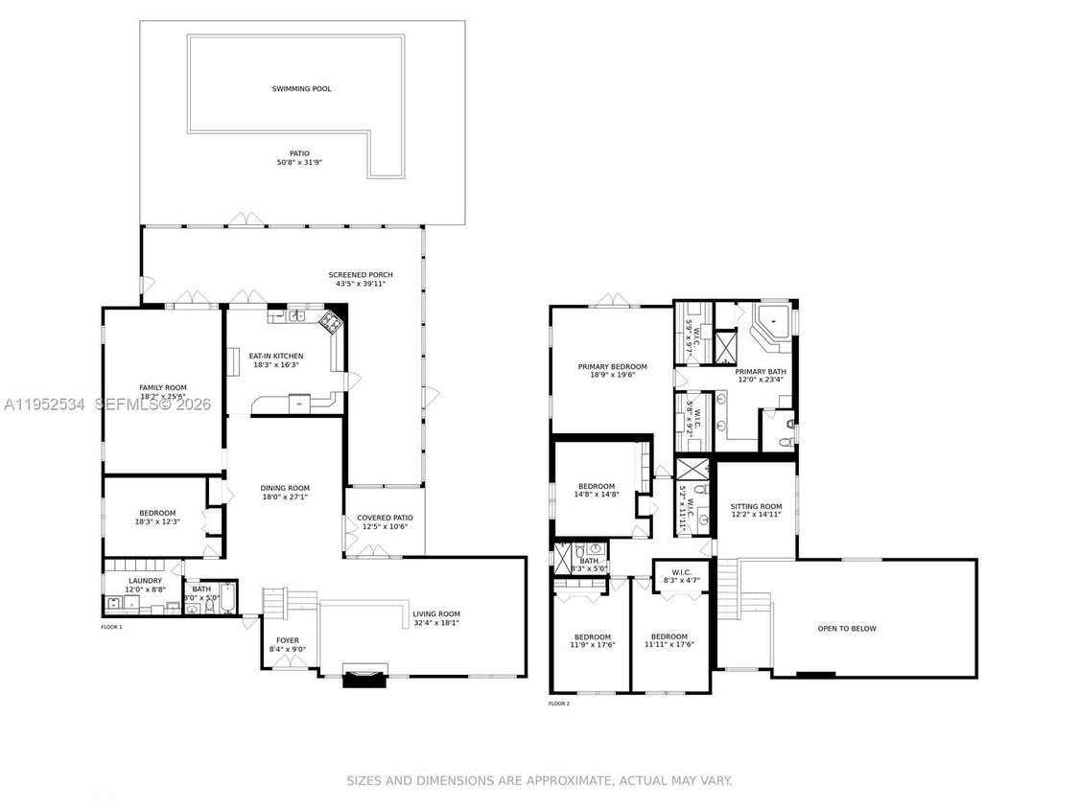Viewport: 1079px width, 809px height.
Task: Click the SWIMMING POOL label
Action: click(x=301, y=89)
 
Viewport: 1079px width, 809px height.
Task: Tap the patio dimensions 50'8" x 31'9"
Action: click(x=299, y=163)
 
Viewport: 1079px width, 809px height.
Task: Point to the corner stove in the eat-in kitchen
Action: click(x=331, y=321)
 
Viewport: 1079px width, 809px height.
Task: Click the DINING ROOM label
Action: click(x=286, y=487)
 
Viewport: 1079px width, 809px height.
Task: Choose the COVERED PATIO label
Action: click(x=385, y=518)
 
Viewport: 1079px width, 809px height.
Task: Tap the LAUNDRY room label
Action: click(x=145, y=580)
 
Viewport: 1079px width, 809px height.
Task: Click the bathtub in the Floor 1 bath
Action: click(x=227, y=600)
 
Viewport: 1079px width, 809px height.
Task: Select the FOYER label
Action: click(x=288, y=640)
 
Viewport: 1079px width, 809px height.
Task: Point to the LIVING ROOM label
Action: click(x=436, y=613)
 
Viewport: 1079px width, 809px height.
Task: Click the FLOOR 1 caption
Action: click(x=112, y=627)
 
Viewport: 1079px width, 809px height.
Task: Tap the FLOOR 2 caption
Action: click(x=559, y=704)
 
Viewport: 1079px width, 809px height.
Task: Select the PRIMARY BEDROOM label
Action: click(x=612, y=366)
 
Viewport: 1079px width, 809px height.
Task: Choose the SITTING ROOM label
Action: click(x=756, y=506)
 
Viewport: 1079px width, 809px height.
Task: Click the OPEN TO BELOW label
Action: click(x=846, y=629)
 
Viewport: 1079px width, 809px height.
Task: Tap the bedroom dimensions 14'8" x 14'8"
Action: click(x=598, y=495)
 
